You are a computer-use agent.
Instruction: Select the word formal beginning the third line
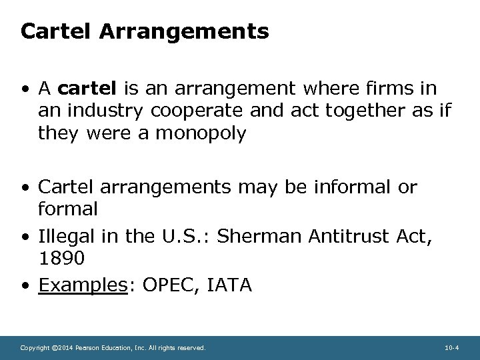pyautogui.click(x=68, y=209)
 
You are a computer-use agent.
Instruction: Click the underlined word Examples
pyautogui.click(x=79, y=285)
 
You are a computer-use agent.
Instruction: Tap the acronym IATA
pyautogui.click(x=230, y=285)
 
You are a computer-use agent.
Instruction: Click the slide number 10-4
pyautogui.click(x=451, y=348)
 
